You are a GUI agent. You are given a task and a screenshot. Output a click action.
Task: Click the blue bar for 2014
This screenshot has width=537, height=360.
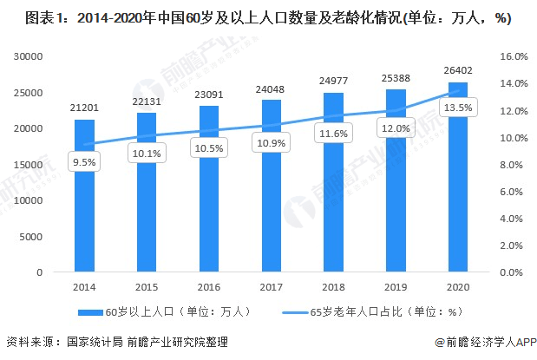click(x=84, y=195)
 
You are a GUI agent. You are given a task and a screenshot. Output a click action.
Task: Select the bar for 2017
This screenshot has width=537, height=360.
click(x=272, y=186)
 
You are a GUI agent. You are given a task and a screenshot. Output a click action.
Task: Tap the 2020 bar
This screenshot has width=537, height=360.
click(x=458, y=177)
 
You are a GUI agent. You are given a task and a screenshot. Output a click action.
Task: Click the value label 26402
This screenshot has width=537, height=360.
click(x=458, y=70)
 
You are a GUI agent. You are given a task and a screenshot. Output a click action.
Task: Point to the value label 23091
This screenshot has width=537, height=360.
click(x=209, y=95)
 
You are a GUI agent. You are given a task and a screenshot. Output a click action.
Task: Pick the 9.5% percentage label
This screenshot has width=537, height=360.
click(x=84, y=161)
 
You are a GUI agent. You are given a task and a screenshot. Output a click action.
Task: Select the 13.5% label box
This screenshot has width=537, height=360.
click(x=458, y=108)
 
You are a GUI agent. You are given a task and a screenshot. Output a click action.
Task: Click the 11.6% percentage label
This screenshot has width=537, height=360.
click(x=334, y=133)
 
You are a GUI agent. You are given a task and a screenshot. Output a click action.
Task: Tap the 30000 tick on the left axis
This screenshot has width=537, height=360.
click(x=29, y=56)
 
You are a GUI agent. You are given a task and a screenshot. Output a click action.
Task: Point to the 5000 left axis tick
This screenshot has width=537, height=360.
click(x=31, y=237)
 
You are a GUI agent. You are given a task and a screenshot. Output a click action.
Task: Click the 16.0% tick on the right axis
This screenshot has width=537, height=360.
click(x=514, y=56)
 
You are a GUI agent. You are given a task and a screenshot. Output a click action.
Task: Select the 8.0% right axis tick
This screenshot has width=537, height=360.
click(x=511, y=165)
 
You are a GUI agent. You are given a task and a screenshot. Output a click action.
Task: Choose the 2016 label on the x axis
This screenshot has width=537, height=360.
click(x=209, y=287)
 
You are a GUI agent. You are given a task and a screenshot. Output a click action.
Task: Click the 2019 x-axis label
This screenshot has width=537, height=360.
click(x=396, y=287)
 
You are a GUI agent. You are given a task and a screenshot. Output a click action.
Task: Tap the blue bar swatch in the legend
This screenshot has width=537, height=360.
click(x=90, y=312)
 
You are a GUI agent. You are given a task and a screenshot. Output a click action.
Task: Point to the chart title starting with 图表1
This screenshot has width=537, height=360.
click(x=268, y=18)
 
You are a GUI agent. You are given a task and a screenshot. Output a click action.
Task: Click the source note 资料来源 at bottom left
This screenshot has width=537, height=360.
click(x=117, y=342)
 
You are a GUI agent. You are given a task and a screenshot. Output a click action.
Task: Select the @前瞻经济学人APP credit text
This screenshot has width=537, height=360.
click(x=485, y=342)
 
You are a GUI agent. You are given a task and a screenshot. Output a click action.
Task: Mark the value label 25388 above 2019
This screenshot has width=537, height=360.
click(x=396, y=78)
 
